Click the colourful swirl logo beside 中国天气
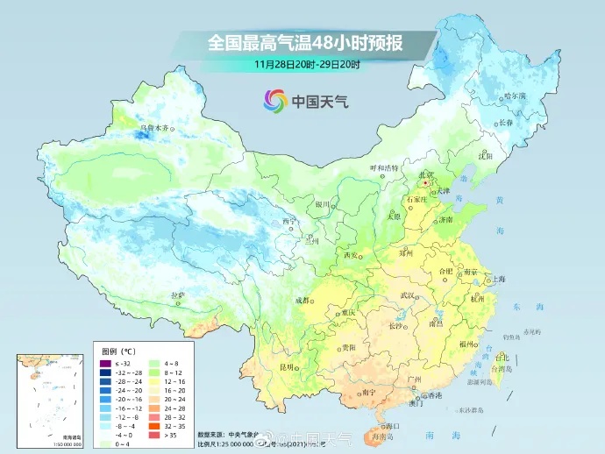[275, 101]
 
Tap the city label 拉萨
[177, 295]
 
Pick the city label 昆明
[287, 366]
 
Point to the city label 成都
[302, 300]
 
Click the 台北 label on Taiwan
[502, 357]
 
